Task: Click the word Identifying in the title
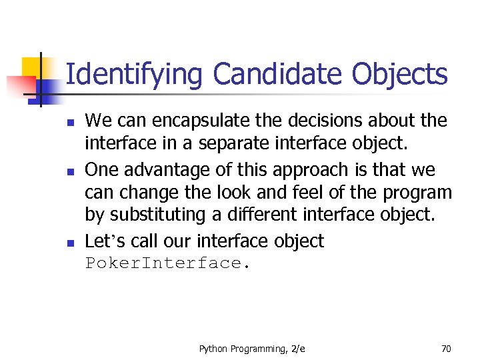[133, 75]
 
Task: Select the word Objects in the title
[401, 75]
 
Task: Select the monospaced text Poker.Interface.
[167, 263]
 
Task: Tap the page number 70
[446, 348]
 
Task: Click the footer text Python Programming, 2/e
[252, 348]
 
